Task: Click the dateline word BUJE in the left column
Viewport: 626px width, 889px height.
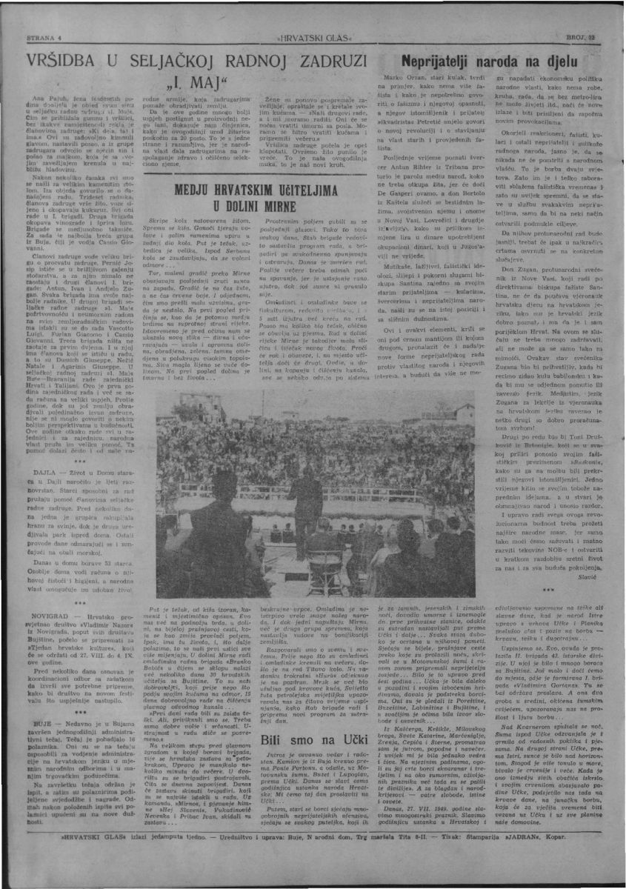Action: click(x=24, y=725)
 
